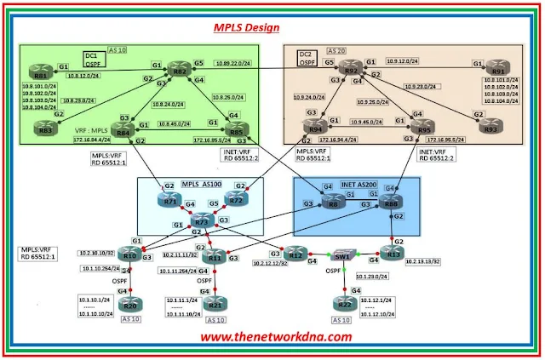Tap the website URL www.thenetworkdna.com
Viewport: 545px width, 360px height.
[x=276, y=336]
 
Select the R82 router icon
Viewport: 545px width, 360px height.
[x=178, y=71]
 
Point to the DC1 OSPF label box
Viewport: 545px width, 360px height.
[x=92, y=58]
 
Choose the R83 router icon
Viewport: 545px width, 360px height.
[x=43, y=128]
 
